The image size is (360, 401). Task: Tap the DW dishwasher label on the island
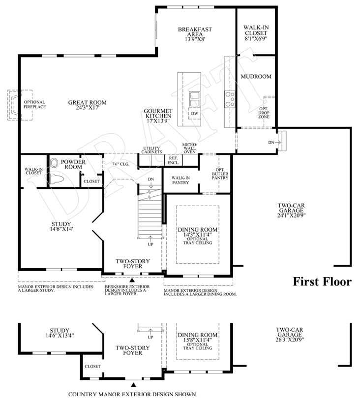(x=194, y=113)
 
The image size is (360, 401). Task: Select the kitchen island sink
(x=195, y=98)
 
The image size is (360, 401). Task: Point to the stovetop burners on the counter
(x=229, y=98)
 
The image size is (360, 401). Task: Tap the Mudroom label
(x=256, y=77)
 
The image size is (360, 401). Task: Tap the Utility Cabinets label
(x=152, y=150)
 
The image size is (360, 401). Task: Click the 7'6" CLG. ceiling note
(x=120, y=164)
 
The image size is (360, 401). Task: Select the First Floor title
(x=322, y=281)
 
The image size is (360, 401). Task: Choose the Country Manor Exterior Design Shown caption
(x=132, y=394)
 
